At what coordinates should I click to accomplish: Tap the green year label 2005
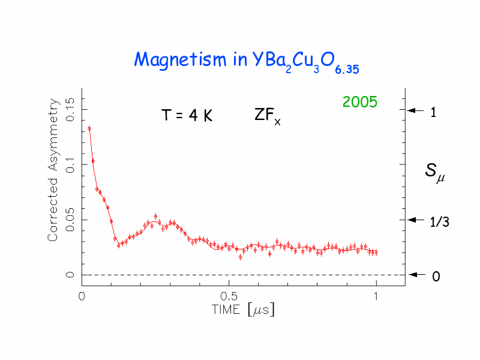click(x=359, y=103)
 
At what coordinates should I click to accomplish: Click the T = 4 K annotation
click(x=187, y=116)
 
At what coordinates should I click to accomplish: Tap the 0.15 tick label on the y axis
click(x=70, y=109)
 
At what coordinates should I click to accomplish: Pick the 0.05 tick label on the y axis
click(x=70, y=220)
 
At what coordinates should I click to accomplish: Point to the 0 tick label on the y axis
click(x=70, y=275)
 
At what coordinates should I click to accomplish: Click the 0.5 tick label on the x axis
click(x=228, y=296)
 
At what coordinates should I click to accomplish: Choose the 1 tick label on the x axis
click(x=376, y=296)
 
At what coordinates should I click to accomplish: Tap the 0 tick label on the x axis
click(x=81, y=296)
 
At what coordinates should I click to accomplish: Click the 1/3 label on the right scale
click(x=440, y=223)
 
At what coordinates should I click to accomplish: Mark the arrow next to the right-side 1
click(x=416, y=110)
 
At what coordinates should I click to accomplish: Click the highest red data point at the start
click(x=89, y=128)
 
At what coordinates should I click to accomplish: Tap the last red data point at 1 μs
click(x=376, y=253)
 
